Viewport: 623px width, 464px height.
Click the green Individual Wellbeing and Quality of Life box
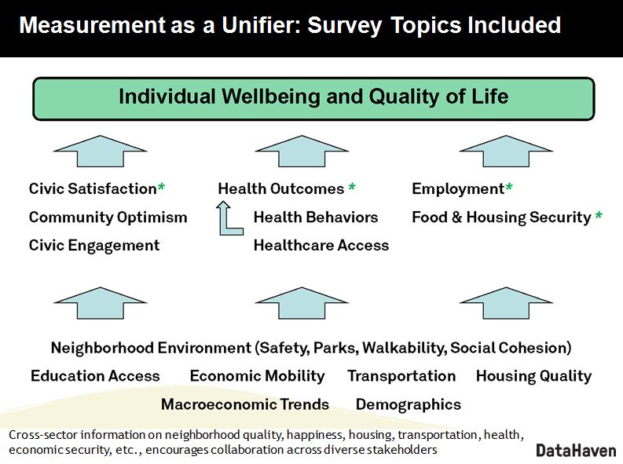[313, 98]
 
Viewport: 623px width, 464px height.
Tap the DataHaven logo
[576, 451]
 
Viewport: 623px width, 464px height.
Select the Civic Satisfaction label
[93, 188]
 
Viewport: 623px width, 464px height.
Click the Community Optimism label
[108, 217]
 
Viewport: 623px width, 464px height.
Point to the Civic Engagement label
[94, 246]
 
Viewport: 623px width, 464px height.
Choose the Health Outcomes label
[281, 188]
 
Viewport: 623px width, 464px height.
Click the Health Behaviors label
[316, 217]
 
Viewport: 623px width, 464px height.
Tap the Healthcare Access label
[321, 245]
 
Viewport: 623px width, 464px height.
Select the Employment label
[458, 189]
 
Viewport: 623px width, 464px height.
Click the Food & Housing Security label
[502, 217]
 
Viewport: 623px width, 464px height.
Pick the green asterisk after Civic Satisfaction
[161, 187]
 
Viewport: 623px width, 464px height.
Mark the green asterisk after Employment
[509, 187]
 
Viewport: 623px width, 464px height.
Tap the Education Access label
[95, 376]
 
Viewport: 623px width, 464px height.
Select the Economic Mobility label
[258, 376]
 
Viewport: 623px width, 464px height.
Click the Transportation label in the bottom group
[401, 376]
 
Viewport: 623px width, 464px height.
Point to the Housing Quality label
[534, 376]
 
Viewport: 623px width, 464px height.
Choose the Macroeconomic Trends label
[245, 404]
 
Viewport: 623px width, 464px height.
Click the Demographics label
[409, 405]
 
